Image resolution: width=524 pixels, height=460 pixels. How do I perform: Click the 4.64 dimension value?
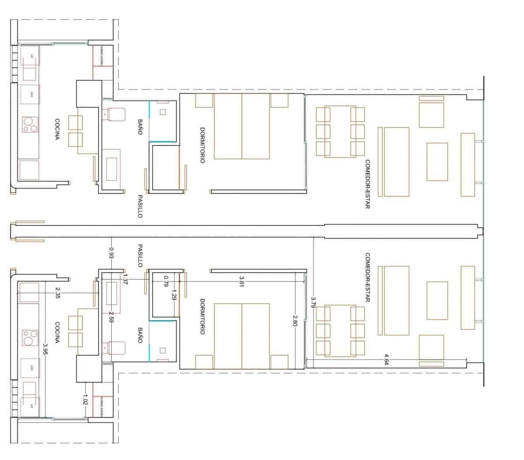click(x=386, y=359)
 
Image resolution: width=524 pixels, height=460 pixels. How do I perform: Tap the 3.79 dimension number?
click(x=313, y=302)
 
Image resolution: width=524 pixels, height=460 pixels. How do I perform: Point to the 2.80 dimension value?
click(x=295, y=321)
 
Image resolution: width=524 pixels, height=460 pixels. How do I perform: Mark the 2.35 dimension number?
click(x=58, y=292)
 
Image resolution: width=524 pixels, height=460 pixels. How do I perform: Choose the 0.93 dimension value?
click(x=111, y=253)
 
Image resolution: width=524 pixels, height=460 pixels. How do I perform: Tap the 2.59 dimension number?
click(x=111, y=317)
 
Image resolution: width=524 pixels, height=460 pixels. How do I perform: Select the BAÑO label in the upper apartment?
click(x=140, y=127)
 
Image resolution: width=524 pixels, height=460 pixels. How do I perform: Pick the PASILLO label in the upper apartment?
click(x=140, y=206)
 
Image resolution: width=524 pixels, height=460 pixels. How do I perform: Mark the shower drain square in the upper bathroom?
click(x=163, y=112)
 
